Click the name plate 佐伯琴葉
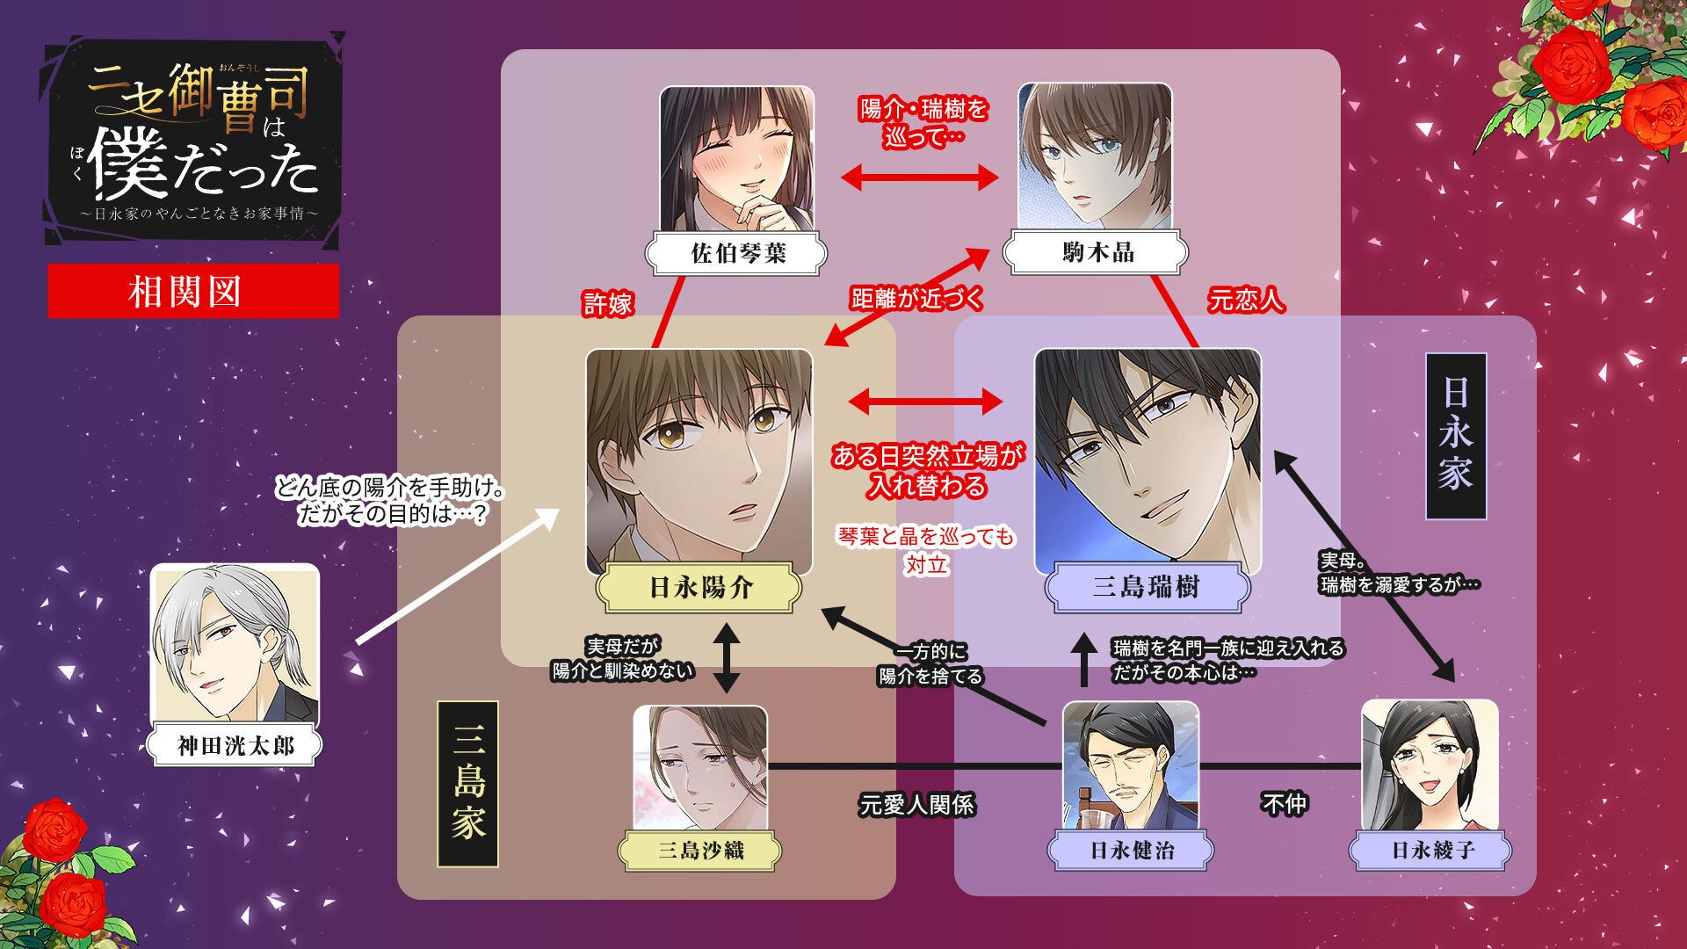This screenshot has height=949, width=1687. click(736, 254)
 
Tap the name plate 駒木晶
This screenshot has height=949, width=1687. click(1096, 253)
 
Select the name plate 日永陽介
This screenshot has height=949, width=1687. click(699, 588)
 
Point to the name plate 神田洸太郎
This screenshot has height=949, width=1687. click(235, 746)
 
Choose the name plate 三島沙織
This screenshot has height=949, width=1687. click(700, 850)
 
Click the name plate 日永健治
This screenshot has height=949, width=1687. click(1131, 850)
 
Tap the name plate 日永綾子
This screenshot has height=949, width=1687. click(1431, 850)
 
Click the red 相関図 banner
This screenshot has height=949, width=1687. click(193, 291)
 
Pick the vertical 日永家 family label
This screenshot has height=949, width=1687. click(1455, 436)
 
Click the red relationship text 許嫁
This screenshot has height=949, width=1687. click(608, 304)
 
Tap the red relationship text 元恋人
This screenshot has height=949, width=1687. click(1245, 301)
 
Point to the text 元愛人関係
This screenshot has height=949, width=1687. click(916, 804)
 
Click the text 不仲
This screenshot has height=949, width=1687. click(1284, 803)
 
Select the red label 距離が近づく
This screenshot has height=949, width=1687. click(916, 299)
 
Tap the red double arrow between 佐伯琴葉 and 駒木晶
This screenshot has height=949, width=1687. click(919, 178)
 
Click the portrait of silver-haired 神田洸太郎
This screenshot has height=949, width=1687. click(235, 646)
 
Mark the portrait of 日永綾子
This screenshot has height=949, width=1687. click(1430, 764)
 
